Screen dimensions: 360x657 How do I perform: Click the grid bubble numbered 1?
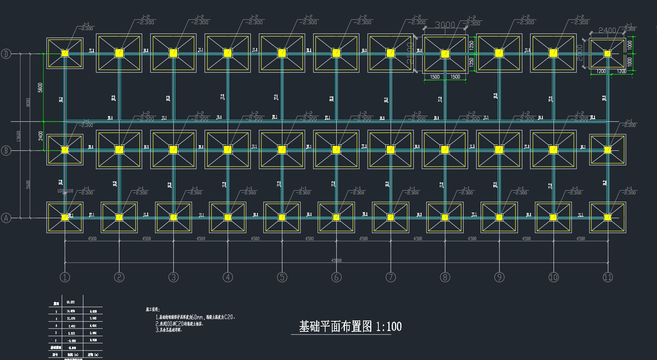[65, 277]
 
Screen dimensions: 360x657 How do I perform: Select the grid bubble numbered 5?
[282, 277]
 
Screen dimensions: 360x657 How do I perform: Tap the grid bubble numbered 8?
[445, 277]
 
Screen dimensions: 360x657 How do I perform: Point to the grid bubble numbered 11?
[608, 277]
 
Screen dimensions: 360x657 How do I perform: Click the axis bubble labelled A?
[6, 218]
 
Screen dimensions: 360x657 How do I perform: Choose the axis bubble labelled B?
[6, 151]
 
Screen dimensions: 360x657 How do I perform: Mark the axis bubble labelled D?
[6, 54]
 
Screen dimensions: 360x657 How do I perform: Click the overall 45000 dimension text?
[336, 260]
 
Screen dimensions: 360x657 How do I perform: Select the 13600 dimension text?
[19, 136]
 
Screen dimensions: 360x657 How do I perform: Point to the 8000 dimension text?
[29, 102]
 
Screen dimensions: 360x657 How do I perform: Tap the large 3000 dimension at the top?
[445, 25]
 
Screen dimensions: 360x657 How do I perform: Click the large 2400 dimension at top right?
[607, 30]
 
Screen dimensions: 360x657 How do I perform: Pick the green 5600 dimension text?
[40, 87]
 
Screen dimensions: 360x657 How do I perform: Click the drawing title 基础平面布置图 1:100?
[350, 326]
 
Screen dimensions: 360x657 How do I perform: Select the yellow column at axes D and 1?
[65, 53]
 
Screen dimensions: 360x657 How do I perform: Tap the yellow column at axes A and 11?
[608, 217]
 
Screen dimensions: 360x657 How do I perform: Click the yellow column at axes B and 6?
[336, 150]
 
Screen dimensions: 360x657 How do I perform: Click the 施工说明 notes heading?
[152, 309]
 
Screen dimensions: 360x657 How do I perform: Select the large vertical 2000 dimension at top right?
[580, 53]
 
